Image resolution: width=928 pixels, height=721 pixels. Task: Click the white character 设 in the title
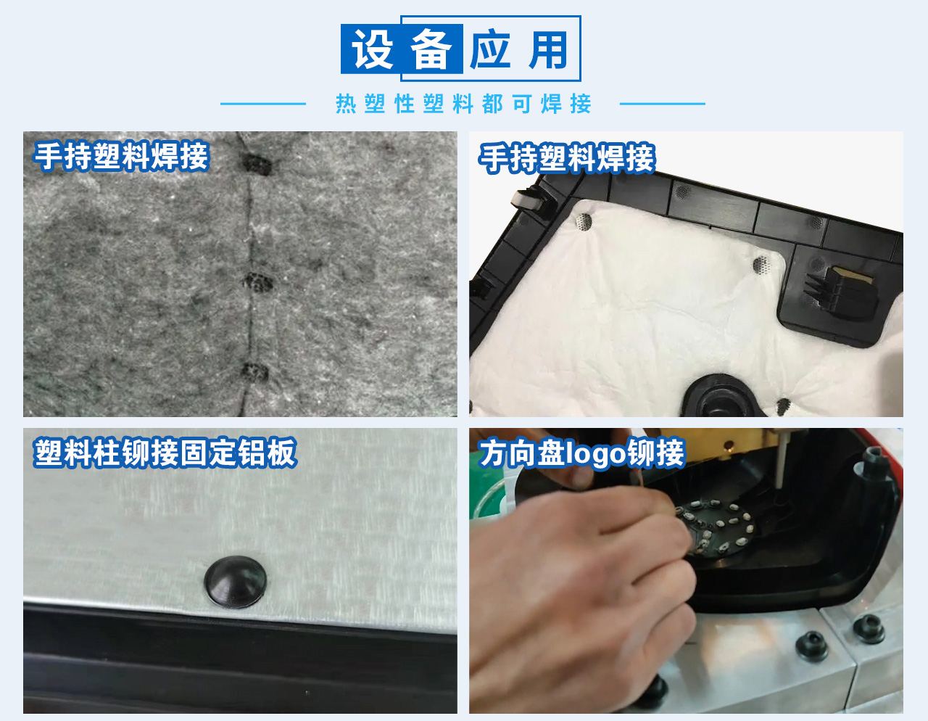(372, 50)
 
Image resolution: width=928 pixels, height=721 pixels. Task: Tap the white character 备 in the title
(431, 50)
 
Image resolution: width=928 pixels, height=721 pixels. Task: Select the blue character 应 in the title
(490, 50)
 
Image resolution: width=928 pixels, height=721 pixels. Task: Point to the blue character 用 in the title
(548, 50)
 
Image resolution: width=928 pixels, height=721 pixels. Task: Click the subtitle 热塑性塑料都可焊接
(463, 104)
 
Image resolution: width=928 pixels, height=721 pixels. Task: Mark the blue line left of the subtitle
(263, 104)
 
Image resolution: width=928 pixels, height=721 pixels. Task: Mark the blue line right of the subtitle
(662, 104)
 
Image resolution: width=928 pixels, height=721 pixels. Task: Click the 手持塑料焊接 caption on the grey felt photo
(122, 157)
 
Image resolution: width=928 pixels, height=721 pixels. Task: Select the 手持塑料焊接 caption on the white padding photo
(567, 159)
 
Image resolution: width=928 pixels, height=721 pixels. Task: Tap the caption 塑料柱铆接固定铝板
(165, 453)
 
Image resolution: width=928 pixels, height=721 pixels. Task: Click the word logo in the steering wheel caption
(595, 453)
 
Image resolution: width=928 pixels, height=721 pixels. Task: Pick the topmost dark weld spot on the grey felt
(256, 164)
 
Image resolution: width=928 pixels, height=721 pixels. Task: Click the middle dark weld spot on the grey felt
(256, 282)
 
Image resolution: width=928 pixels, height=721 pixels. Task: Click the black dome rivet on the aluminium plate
(235, 581)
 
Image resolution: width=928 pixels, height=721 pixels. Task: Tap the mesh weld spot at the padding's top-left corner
(583, 221)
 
